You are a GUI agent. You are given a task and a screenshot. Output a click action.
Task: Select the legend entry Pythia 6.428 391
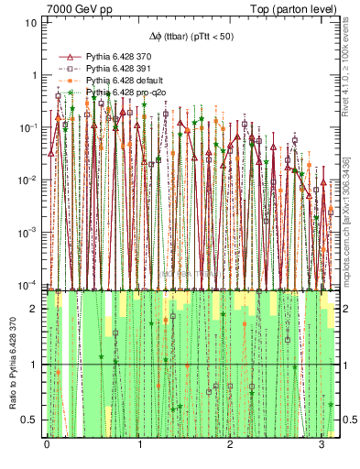[120, 69]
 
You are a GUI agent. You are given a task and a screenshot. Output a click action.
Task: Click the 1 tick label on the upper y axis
[34, 75]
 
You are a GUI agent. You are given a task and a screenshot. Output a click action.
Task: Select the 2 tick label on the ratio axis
[34, 310]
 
